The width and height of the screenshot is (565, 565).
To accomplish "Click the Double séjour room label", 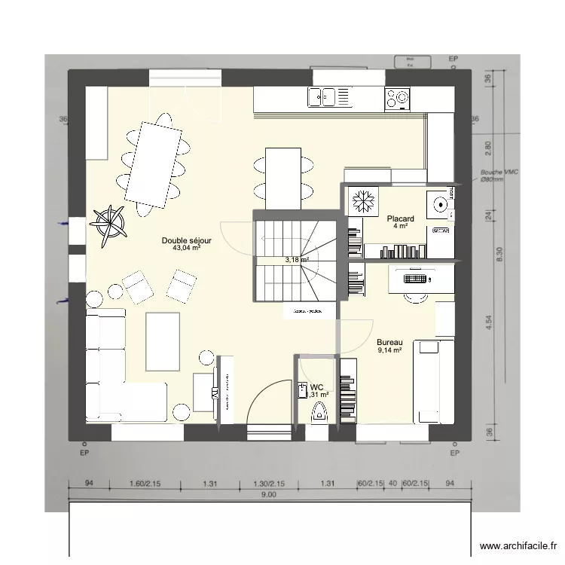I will (x=186, y=240).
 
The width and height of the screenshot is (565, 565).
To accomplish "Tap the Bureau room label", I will (x=389, y=341).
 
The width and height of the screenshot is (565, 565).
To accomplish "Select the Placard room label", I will (x=400, y=218).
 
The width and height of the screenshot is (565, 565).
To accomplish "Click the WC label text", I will (x=317, y=387).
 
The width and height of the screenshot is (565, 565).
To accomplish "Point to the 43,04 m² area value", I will (x=186, y=248).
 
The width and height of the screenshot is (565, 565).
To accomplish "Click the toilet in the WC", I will (x=319, y=411).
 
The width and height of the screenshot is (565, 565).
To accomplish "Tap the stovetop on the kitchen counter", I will (x=398, y=96).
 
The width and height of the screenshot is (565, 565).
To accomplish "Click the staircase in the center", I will (x=295, y=256).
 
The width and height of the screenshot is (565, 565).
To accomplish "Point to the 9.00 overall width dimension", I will (x=269, y=495).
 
